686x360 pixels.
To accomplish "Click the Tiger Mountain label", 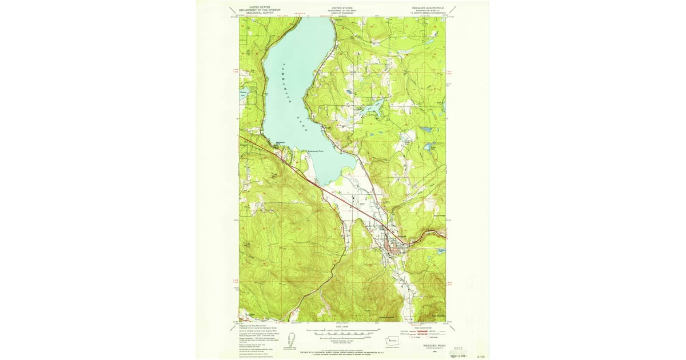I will [x=437, y=315].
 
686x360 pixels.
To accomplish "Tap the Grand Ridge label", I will [x=439, y=217].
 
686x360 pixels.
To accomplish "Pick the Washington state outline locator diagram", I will [x=393, y=338].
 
